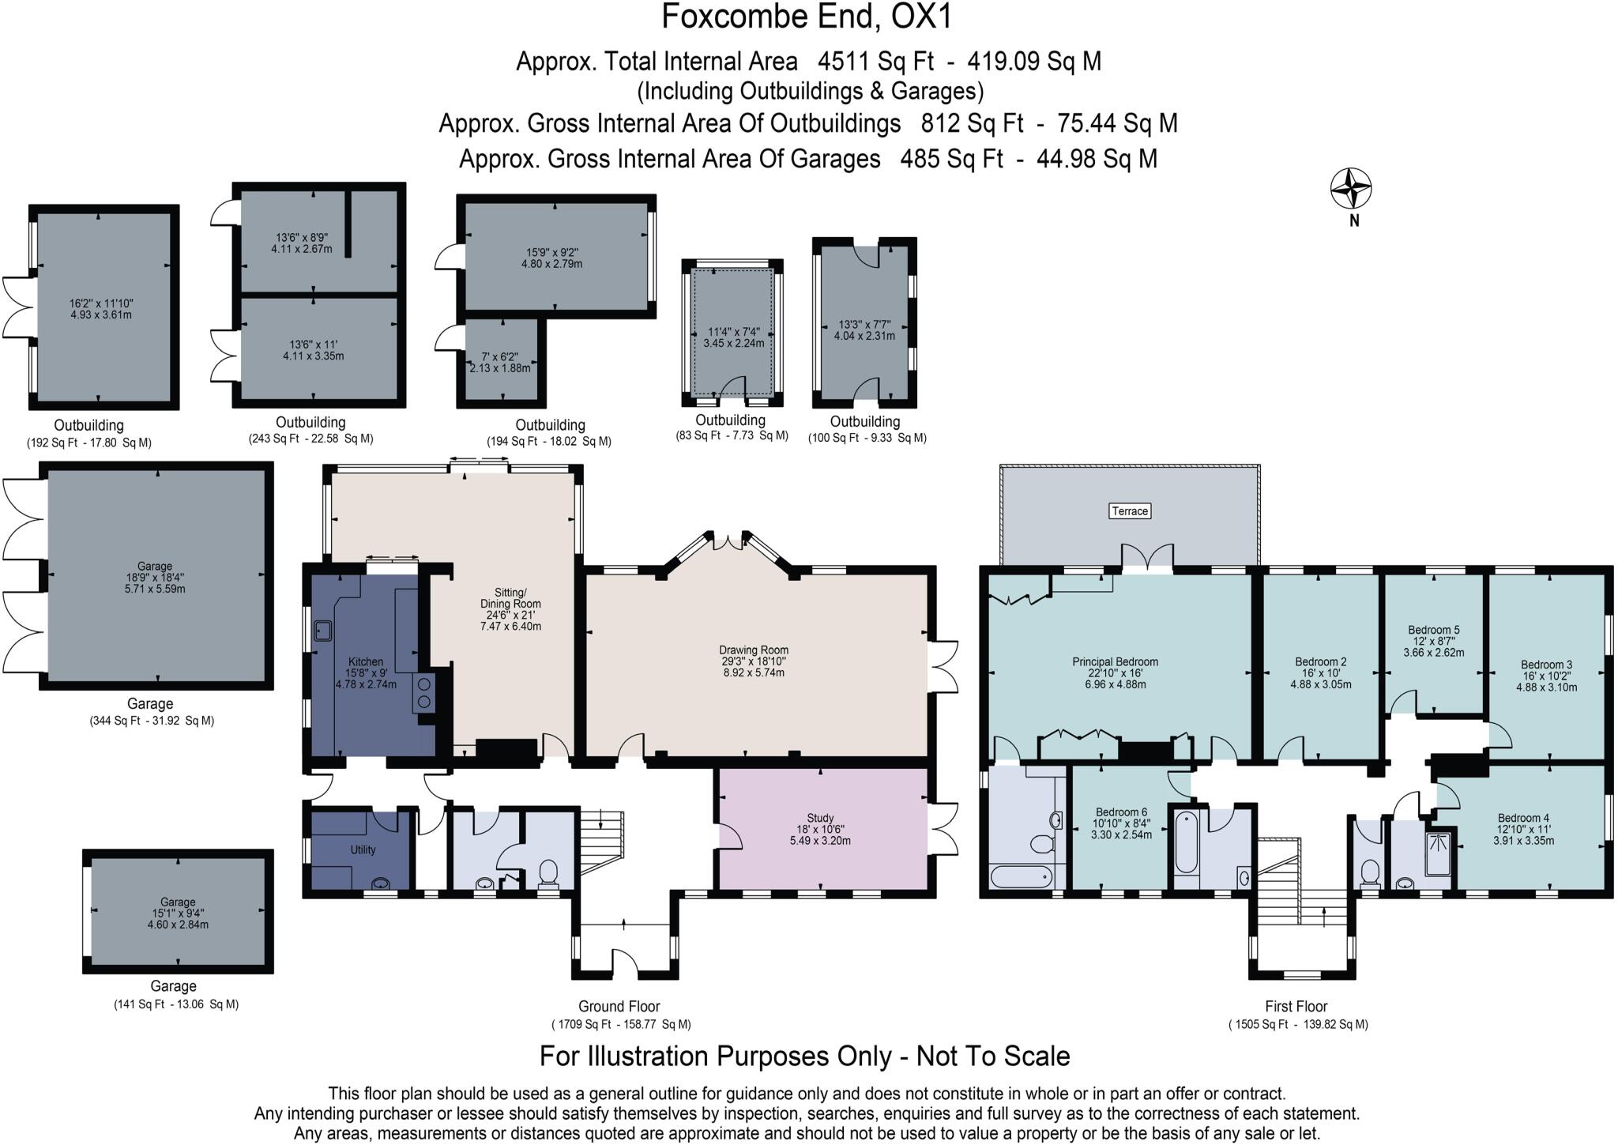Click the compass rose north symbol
point(1350,190)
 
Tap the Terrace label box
point(1129,511)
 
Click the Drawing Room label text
point(753,650)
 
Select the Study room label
point(820,819)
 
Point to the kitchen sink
point(322,631)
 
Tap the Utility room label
point(363,849)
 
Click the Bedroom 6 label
point(1121,812)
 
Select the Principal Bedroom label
point(1115,662)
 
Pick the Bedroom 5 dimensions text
point(1433,653)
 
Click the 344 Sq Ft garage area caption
point(152,721)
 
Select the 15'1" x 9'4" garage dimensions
point(178,913)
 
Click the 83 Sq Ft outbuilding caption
point(732,435)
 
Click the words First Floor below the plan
point(1296,1007)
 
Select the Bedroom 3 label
point(1546,665)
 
